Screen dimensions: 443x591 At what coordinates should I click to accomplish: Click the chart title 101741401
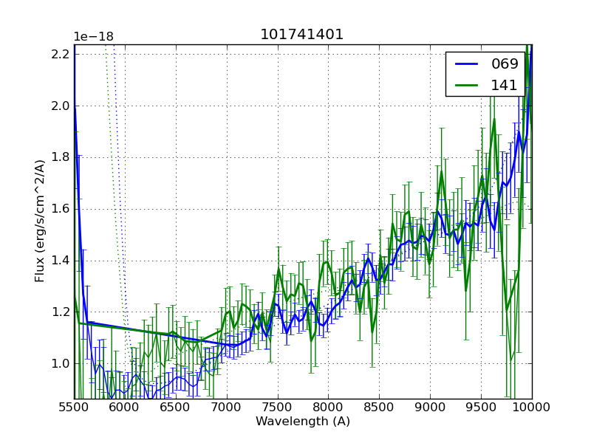[x=301, y=35]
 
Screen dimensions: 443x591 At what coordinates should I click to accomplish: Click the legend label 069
[x=505, y=64]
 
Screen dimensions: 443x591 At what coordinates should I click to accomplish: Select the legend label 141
[x=505, y=85]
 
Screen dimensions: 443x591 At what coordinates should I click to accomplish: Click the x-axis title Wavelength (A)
[x=303, y=422]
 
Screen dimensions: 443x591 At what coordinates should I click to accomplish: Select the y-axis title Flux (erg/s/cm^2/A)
[x=40, y=220]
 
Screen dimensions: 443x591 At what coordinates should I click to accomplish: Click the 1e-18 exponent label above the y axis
[x=93, y=37]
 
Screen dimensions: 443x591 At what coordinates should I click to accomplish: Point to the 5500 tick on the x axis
[x=74, y=408]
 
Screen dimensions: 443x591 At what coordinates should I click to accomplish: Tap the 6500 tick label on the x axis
[x=176, y=408]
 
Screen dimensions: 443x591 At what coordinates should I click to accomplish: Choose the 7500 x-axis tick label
[x=278, y=408]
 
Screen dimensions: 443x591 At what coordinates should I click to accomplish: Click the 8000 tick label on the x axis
[x=328, y=408]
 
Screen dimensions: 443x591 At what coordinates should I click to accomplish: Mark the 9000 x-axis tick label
[x=430, y=408]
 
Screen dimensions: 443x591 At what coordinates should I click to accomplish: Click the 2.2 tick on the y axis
[x=61, y=54]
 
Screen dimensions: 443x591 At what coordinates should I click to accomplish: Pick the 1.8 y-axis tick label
[x=61, y=157]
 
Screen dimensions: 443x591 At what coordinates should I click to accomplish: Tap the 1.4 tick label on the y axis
[x=61, y=260]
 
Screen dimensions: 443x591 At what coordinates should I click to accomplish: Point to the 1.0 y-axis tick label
[x=61, y=363]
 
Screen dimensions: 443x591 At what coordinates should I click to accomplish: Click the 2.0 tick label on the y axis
[x=61, y=106]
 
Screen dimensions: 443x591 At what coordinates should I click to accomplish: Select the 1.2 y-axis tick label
[x=61, y=312]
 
